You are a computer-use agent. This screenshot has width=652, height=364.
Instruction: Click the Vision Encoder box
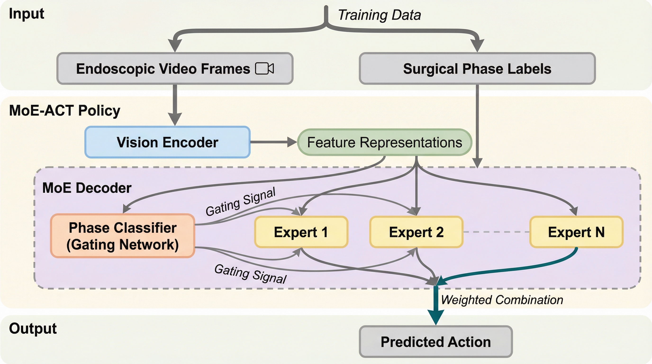[167, 142]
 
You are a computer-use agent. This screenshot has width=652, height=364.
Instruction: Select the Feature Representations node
[385, 142]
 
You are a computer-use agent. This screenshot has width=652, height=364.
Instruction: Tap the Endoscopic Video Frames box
[175, 68]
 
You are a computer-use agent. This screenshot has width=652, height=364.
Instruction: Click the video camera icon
[264, 68]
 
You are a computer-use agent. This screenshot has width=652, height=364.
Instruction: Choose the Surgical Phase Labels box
[477, 68]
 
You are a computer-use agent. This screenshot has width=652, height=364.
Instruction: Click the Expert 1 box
[301, 232]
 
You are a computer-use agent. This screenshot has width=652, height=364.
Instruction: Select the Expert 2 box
[416, 232]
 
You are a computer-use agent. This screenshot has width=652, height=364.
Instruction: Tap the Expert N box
[576, 232]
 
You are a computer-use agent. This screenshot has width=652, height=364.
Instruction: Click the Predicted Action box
[436, 342]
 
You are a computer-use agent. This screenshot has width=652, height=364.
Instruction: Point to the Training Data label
[379, 15]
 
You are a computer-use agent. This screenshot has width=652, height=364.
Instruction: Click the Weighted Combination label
[502, 300]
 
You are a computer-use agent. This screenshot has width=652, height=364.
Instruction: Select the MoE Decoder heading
[87, 188]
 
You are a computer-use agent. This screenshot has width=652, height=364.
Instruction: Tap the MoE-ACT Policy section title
[64, 110]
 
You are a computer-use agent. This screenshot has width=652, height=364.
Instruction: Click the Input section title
[26, 14]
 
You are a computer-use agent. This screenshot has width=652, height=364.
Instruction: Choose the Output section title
[33, 328]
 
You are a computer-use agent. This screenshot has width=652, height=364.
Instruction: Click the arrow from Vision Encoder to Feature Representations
[273, 142]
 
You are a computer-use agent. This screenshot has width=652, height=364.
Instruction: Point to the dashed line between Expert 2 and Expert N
[496, 232]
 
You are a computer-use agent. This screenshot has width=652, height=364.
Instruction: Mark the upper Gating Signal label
[240, 202]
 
